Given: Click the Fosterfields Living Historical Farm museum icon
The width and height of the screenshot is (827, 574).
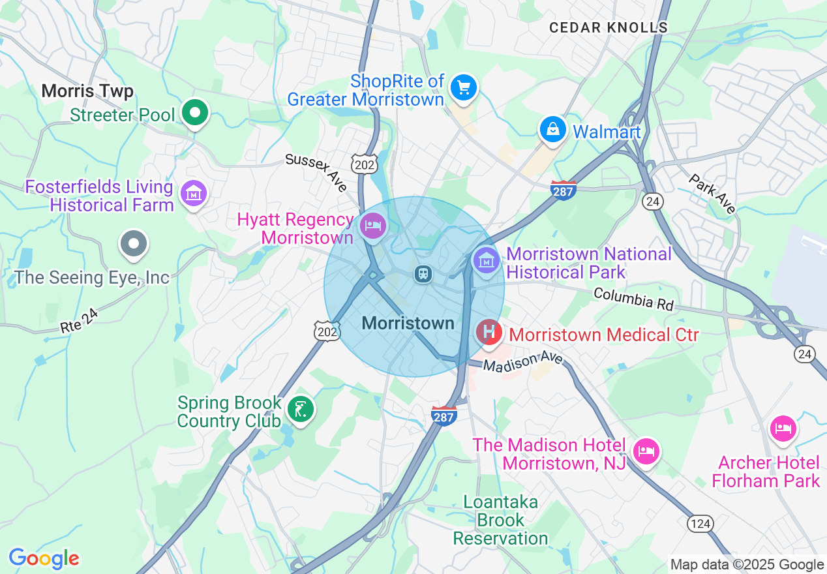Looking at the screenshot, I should point(194,193).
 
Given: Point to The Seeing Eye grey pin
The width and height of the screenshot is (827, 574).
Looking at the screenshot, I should point(134,244).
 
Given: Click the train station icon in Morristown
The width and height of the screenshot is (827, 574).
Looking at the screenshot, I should point(423,273).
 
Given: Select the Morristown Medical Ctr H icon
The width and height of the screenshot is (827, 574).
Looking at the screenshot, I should point(489,333).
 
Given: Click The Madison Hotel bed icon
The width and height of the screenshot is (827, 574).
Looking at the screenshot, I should point(646,451).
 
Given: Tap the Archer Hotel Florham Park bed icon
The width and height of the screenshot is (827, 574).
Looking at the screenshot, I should point(783,429).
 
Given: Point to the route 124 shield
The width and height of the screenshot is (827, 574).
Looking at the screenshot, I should point(700,523).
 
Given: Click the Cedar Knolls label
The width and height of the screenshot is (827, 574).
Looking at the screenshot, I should point(609,27).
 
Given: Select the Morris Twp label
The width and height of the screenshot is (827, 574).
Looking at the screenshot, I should point(87,91).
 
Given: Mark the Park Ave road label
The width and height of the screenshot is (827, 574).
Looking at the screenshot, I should point(713,194).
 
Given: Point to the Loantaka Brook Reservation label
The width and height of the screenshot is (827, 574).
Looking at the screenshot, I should point(500,520).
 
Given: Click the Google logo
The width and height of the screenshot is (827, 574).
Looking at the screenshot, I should point(44,559).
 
